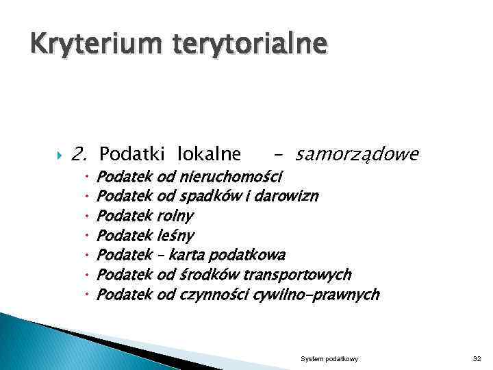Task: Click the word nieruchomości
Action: pos(229,177)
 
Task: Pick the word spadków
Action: pos(204,197)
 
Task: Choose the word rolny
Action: pos(175,216)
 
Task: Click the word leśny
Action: pos(176,236)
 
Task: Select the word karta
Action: pos(186,255)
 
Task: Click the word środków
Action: pos(203,275)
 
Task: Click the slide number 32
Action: pos(477,359)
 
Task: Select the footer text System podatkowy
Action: pos(329,359)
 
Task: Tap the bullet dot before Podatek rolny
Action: pos(88,217)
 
